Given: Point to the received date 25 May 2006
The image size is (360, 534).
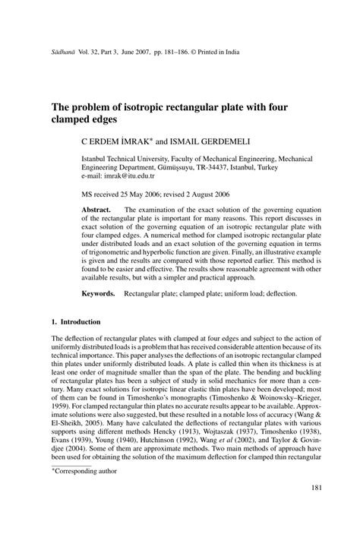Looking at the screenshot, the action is pyautogui.click(x=142, y=194).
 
